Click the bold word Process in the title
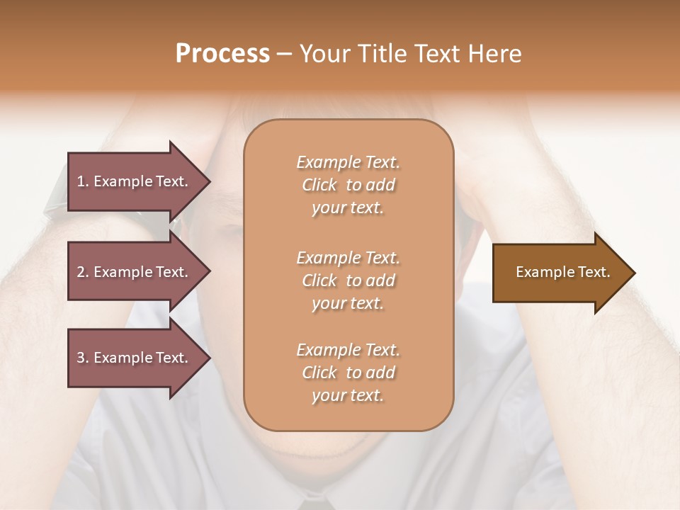[x=222, y=54]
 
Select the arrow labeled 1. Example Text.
[x=135, y=181]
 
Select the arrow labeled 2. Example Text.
[x=135, y=272]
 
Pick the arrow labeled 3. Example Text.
[x=135, y=358]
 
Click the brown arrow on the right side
[x=560, y=273]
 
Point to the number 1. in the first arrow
[x=83, y=181]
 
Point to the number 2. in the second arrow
[x=83, y=272]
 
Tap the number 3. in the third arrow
[x=83, y=358]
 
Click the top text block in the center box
[x=348, y=185]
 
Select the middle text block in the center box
[x=348, y=280]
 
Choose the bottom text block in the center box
[x=348, y=373]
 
